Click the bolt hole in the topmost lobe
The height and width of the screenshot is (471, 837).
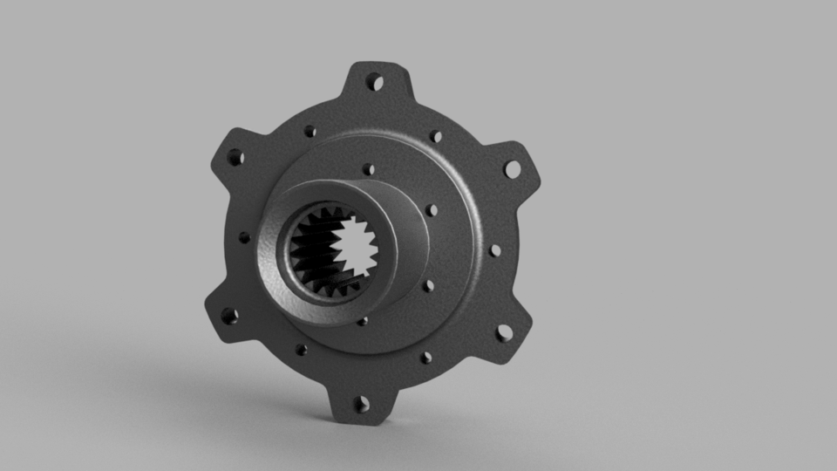tap(376, 83)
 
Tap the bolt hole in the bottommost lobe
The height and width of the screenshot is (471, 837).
tap(362, 404)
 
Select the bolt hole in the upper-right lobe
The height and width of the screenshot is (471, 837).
tap(512, 168)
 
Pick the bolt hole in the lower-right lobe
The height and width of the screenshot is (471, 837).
tap(504, 332)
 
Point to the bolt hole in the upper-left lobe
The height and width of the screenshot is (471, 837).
tap(235, 158)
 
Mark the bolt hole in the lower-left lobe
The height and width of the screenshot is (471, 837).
tap(229, 316)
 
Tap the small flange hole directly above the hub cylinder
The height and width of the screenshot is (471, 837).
tap(369, 169)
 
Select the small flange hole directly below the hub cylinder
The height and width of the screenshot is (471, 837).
tap(362, 321)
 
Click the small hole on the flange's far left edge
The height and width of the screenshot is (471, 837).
tap(244, 237)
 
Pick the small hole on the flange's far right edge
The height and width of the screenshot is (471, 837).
tap(495, 250)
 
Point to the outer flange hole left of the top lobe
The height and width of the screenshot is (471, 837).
tap(310, 132)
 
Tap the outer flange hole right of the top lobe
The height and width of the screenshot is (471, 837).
tap(436, 136)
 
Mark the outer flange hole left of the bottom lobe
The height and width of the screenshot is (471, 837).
tap(301, 350)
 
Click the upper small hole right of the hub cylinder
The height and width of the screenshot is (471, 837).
tap(431, 210)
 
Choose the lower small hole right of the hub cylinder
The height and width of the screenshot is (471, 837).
tap(428, 285)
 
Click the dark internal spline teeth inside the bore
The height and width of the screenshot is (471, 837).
tap(308, 253)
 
